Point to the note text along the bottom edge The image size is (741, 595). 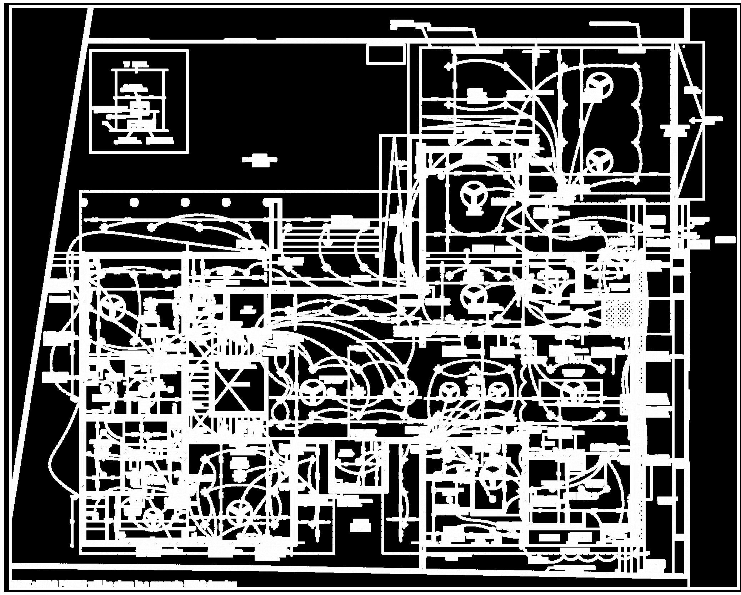(x=125, y=584)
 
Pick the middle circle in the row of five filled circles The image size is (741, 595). (x=185, y=202)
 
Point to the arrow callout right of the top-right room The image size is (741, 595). (x=705, y=120)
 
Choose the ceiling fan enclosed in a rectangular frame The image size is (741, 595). (x=574, y=392)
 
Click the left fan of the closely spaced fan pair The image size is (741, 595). (x=448, y=392)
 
